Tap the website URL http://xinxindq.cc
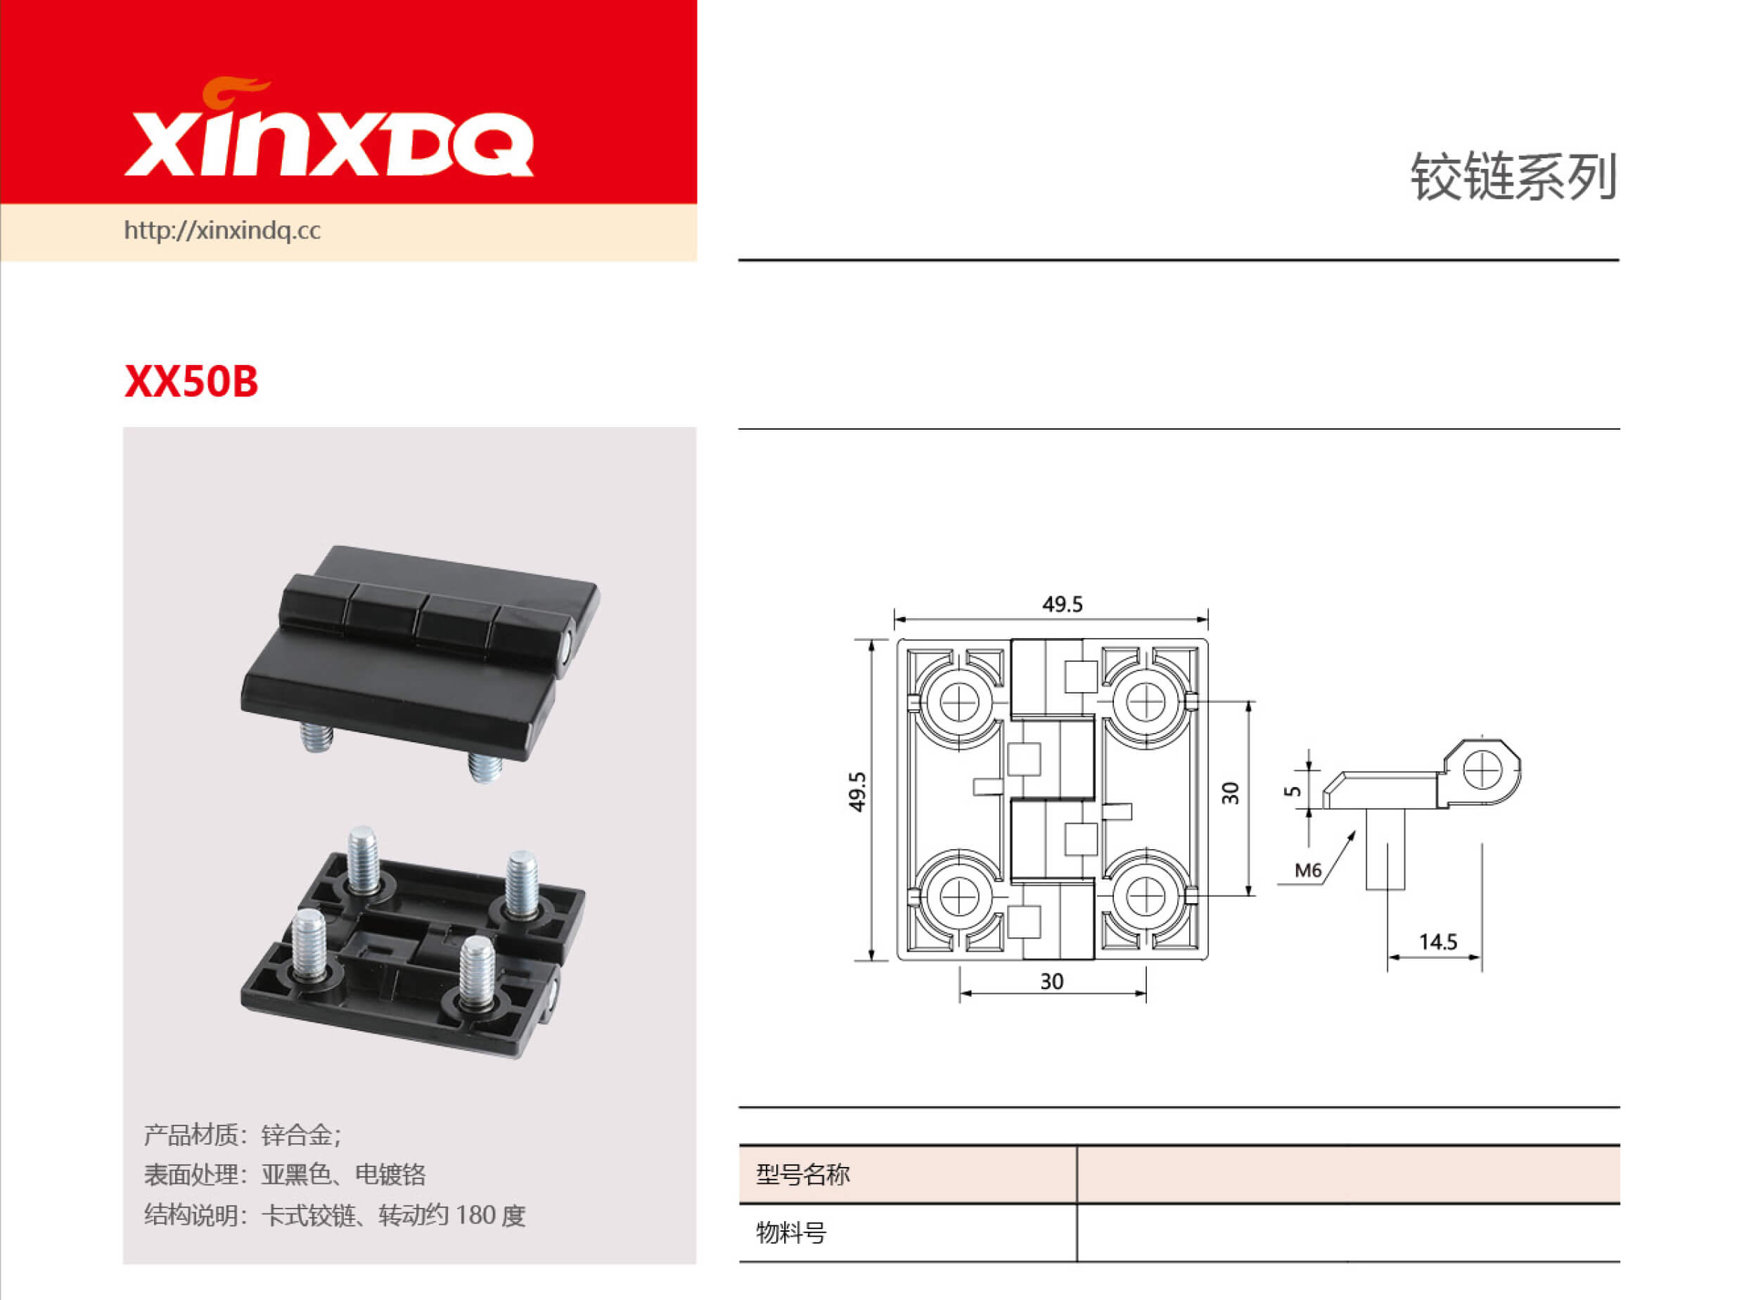click(x=223, y=231)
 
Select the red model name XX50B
click(x=191, y=382)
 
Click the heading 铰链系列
click(x=1513, y=177)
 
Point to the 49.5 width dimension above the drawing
click(x=1062, y=604)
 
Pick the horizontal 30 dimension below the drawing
click(x=1052, y=981)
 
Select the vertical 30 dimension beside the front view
click(x=1231, y=794)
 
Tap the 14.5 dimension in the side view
click(x=1438, y=942)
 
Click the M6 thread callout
click(x=1308, y=870)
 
